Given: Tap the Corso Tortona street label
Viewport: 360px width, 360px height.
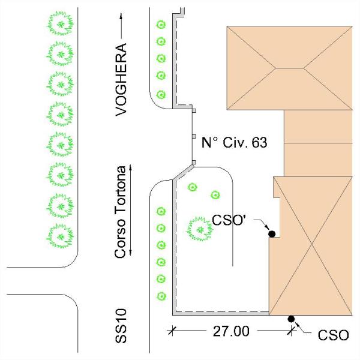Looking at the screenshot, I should pyautogui.click(x=122, y=212).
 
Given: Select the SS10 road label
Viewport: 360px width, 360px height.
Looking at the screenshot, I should pyautogui.click(x=122, y=331).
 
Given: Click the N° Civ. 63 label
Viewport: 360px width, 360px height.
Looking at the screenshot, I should pyautogui.click(x=233, y=143).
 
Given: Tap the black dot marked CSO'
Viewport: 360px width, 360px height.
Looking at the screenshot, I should pyautogui.click(x=271, y=234).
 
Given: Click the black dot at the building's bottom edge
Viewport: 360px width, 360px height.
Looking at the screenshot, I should pyautogui.click(x=291, y=319).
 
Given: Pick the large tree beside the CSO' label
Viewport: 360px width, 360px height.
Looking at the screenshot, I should pyautogui.click(x=199, y=229).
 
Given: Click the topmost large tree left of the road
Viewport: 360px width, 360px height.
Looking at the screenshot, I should pyautogui.click(x=61, y=24).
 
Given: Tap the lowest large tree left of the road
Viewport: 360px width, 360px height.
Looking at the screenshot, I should pyautogui.click(x=61, y=235).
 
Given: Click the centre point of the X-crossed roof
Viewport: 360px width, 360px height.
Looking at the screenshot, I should pyautogui.click(x=311, y=246).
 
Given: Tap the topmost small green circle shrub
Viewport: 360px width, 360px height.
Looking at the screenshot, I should pyautogui.click(x=160, y=25).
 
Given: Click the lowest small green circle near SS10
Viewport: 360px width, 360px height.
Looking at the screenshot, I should pyautogui.click(x=160, y=296).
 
